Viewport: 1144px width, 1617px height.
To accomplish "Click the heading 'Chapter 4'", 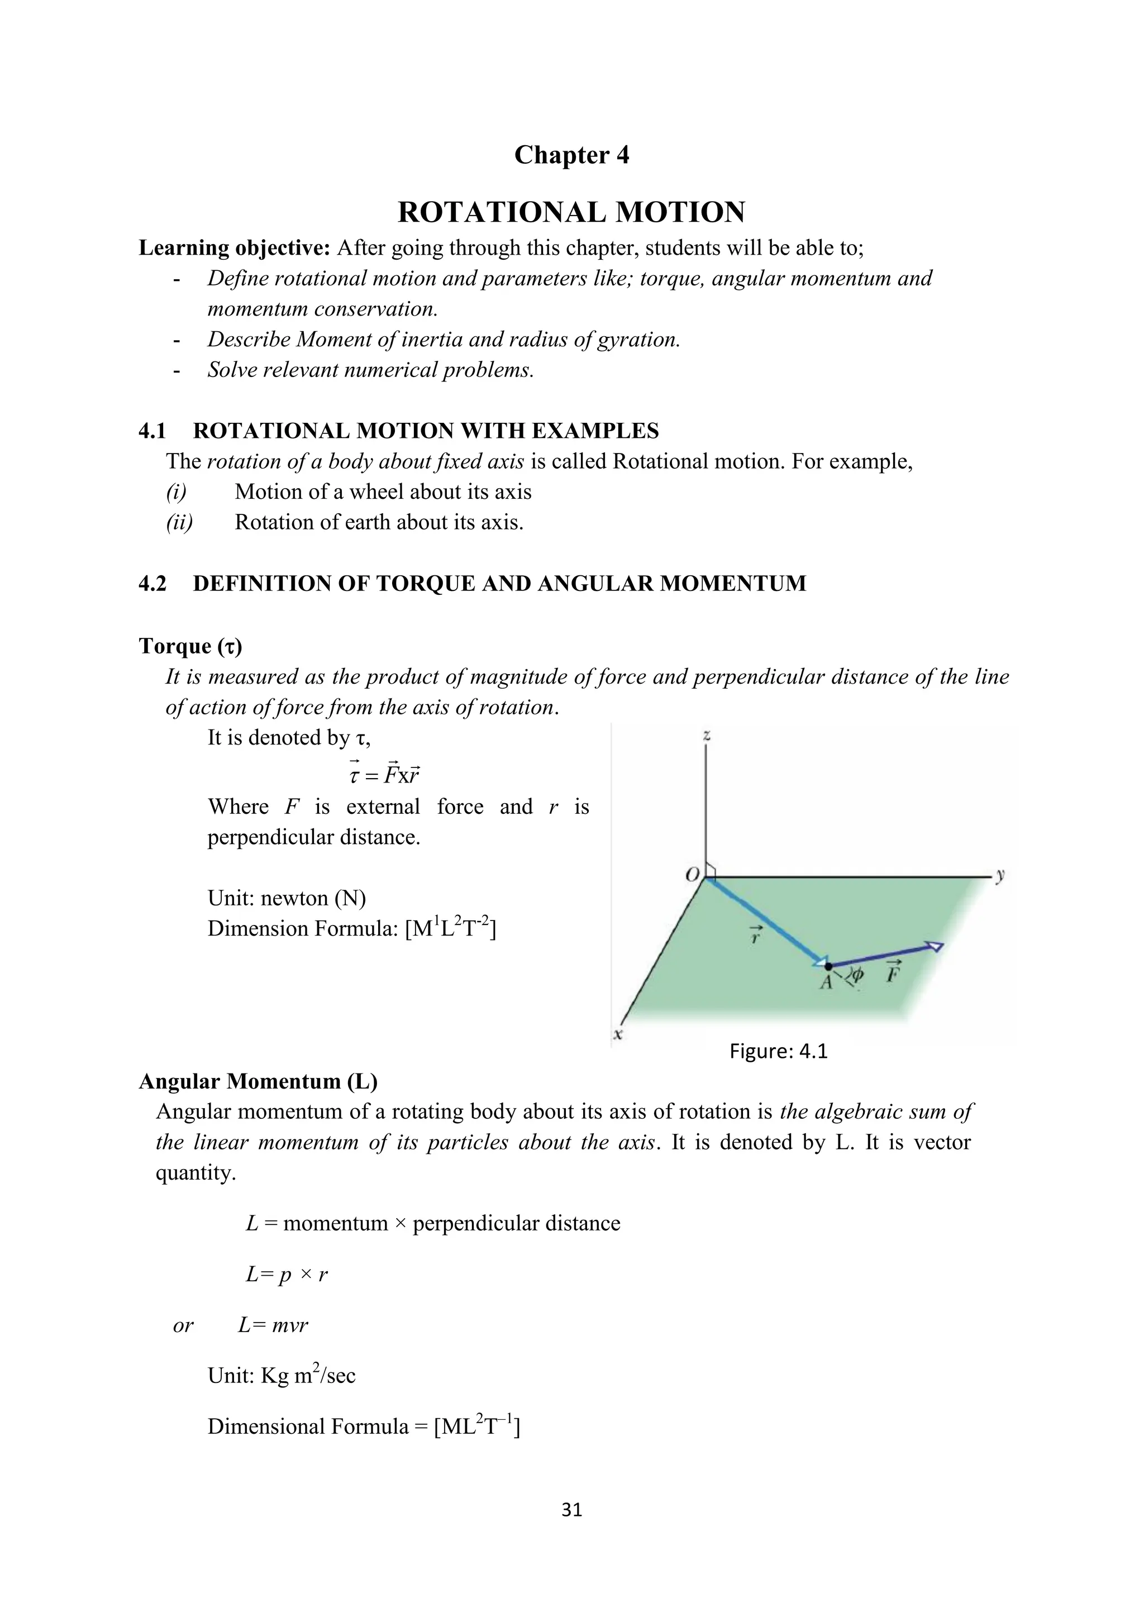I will click(x=571, y=155).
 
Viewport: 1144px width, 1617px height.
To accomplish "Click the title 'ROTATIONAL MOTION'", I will click(x=571, y=212).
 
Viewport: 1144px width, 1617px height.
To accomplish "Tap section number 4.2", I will click(x=152, y=583).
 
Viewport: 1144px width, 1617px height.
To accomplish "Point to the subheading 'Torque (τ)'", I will click(x=190, y=646).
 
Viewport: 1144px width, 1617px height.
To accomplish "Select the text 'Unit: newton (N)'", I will click(x=287, y=898).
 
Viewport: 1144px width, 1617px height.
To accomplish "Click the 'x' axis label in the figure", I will click(x=618, y=1034).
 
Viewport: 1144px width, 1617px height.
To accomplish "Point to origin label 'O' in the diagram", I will click(x=693, y=875).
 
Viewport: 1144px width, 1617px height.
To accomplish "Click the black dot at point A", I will click(x=828, y=966).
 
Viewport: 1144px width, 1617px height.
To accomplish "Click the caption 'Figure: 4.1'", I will click(x=778, y=1052).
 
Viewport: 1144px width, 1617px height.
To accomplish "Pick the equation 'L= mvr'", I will click(x=273, y=1325).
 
